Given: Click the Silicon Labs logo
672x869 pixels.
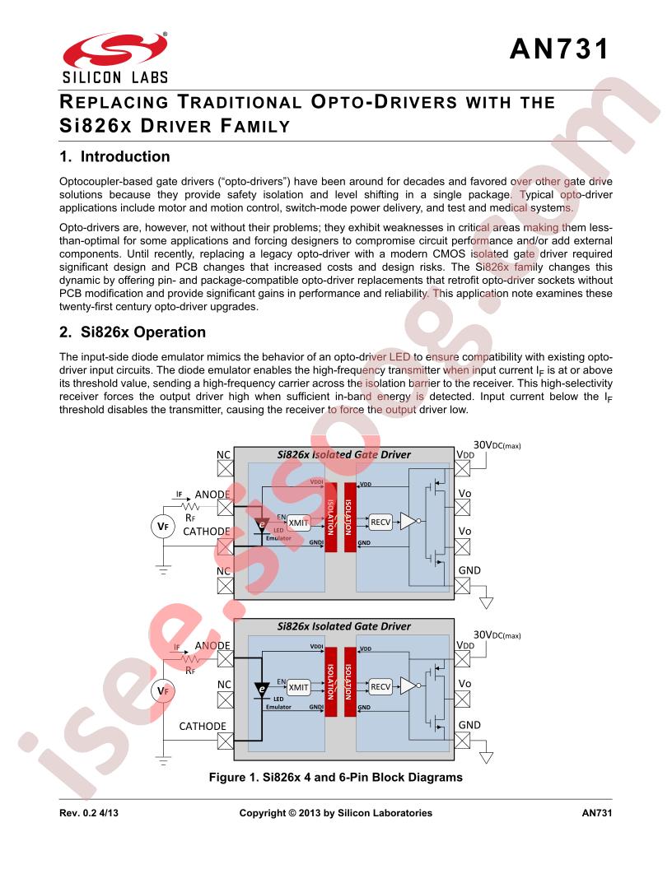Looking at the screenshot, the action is (x=114, y=58).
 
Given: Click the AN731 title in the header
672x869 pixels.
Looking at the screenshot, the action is (x=559, y=49).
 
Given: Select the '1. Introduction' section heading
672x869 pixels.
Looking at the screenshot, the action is (x=114, y=157).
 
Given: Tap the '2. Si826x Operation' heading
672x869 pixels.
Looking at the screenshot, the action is (x=133, y=332).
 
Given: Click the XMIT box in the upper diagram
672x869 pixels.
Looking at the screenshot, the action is (x=298, y=523).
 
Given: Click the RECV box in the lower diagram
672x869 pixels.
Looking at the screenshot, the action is (x=380, y=686).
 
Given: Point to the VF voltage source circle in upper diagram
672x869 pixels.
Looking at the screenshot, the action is (x=163, y=527).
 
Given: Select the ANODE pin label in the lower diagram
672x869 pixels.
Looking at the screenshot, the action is (x=212, y=646).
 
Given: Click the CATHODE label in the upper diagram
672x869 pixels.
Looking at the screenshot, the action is (x=206, y=531).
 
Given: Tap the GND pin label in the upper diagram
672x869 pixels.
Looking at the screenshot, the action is (x=469, y=570).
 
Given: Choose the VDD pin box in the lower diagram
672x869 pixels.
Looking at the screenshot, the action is (x=463, y=659).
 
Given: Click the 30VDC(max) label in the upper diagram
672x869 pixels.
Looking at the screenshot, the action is (x=497, y=445).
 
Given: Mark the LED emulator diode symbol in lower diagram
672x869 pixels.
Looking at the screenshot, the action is (x=261, y=690).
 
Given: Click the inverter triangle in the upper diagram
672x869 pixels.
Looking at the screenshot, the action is (x=408, y=522).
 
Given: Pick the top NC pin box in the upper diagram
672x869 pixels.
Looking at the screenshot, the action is (x=225, y=469).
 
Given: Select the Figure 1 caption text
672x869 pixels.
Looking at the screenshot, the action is (x=335, y=777).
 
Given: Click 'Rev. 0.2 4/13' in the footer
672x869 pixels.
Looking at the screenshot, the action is (x=89, y=813).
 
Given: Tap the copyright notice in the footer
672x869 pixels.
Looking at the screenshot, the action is (x=335, y=813).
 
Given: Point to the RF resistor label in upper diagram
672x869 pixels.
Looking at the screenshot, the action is (x=190, y=518).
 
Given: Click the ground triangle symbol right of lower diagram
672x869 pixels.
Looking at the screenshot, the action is (x=486, y=757).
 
